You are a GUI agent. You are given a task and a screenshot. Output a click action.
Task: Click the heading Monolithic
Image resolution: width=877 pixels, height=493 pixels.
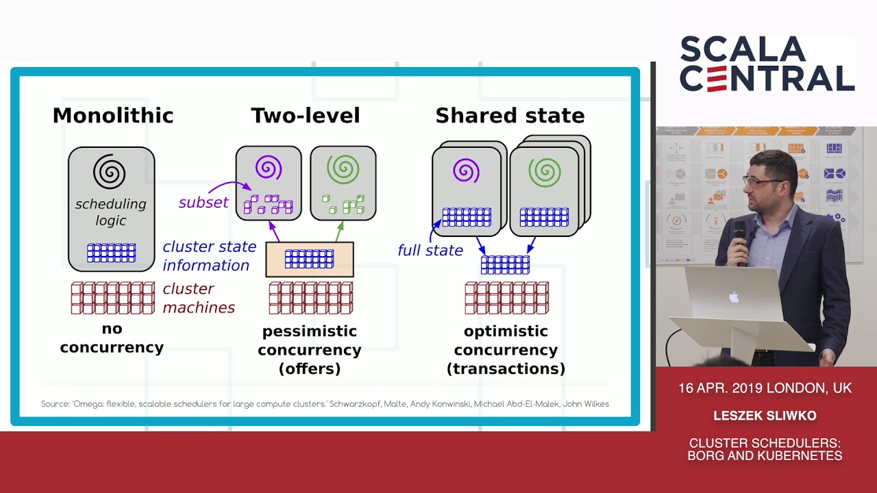pos(113,116)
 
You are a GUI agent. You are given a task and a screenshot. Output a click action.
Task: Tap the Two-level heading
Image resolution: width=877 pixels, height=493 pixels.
pos(305,116)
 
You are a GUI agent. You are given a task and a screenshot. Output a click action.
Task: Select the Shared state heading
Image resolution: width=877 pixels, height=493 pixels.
pos(510,116)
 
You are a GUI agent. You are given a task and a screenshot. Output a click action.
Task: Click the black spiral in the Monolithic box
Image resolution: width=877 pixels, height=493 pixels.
pos(110,172)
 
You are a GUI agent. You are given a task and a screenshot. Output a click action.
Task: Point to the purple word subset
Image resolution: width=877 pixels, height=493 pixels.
pos(203,203)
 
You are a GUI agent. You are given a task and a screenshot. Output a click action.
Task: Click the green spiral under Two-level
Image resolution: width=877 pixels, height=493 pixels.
pos(343,168)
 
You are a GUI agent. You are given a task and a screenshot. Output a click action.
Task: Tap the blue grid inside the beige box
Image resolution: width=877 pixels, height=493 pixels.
pos(309,259)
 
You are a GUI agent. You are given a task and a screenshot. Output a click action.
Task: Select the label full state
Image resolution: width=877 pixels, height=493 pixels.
pos(430,251)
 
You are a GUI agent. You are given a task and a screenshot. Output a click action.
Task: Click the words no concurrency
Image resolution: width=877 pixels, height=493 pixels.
pos(112,338)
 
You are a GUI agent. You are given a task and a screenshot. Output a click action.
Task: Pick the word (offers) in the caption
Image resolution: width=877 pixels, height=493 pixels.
pos(309,369)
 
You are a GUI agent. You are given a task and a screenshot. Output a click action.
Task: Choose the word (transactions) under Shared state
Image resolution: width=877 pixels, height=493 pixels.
pos(506,369)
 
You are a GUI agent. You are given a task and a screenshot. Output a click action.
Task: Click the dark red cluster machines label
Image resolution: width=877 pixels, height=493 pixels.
pos(198,299)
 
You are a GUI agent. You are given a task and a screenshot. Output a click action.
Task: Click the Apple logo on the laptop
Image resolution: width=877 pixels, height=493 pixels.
pos(734,297)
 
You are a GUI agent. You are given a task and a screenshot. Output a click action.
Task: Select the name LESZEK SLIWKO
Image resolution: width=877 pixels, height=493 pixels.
pos(765,416)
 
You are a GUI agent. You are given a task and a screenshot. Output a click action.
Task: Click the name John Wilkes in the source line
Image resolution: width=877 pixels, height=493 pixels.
pos(585,404)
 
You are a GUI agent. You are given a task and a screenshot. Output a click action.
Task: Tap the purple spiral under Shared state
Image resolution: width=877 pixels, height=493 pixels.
pos(465,170)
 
